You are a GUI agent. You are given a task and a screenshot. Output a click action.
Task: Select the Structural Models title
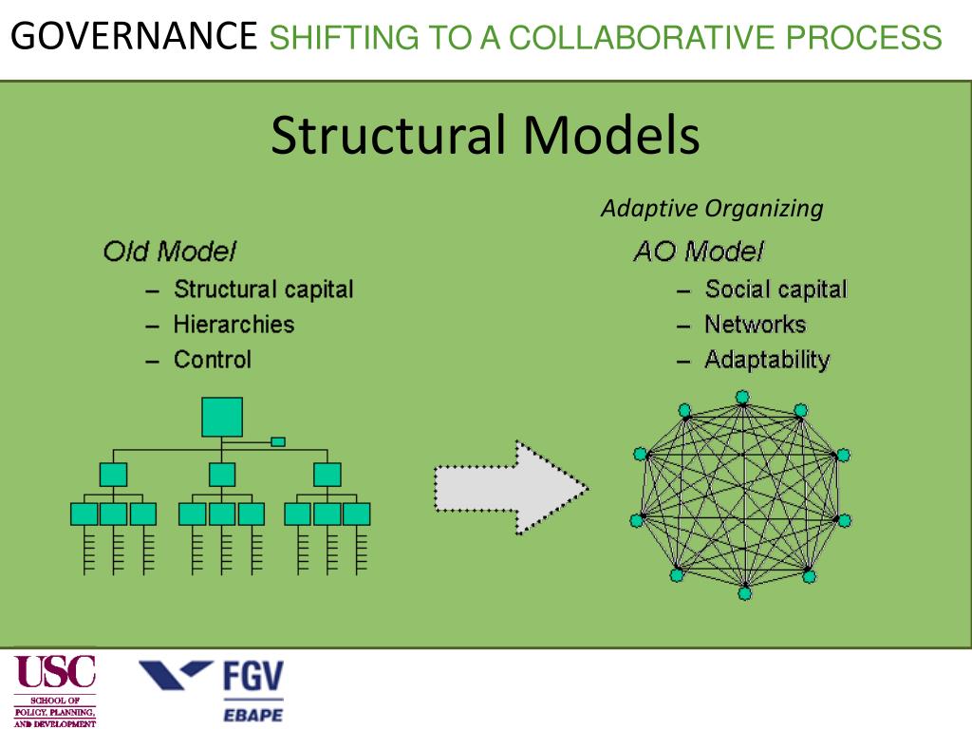pos(485,136)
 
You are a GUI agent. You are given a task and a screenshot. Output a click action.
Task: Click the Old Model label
pos(169,252)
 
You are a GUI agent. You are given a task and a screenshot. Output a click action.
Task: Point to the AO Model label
pos(698,252)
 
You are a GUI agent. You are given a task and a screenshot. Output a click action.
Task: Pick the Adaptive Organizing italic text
pos(712,209)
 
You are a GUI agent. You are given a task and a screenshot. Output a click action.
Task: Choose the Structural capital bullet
pos(263,290)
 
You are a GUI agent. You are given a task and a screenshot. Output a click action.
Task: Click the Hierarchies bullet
pos(234,325)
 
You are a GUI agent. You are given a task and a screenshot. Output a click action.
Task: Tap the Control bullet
pos(213,360)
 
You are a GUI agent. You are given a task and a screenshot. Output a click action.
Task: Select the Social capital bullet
pos(776,290)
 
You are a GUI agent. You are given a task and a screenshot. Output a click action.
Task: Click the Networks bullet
pos(755,325)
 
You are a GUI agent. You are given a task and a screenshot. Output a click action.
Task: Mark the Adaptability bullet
pos(767,360)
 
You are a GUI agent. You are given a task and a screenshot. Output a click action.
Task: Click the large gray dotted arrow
pos(511,486)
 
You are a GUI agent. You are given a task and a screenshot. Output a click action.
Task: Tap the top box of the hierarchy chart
pos(222,417)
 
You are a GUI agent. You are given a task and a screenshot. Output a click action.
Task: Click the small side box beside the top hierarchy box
pos(278,441)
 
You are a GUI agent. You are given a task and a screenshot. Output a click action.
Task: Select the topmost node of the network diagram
pos(742,397)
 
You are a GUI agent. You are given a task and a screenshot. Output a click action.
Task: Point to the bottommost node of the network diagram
pos(744,593)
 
